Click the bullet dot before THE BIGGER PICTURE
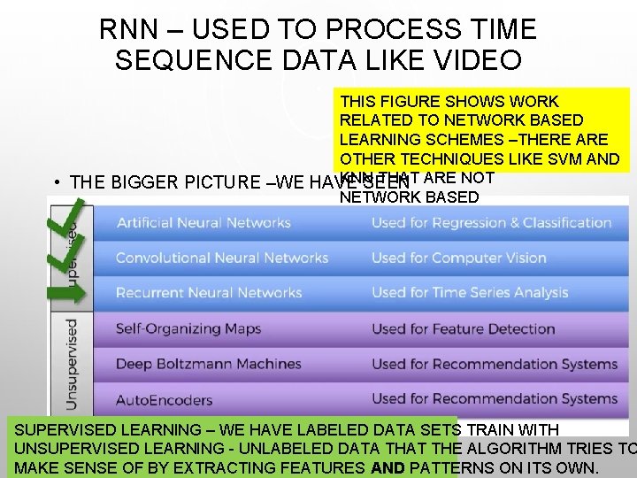pos(56,182)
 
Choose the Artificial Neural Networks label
pos(203,222)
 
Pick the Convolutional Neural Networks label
pos(221,258)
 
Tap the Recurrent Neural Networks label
pos(209,293)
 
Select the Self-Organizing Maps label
pos(188,328)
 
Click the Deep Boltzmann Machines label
pos(208,364)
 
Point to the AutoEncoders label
pos(164,399)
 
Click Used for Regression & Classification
pos(491,222)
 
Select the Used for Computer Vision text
pos(458,258)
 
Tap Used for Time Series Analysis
pos(470,293)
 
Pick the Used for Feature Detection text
pos(463,328)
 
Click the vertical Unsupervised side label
pos(72,363)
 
